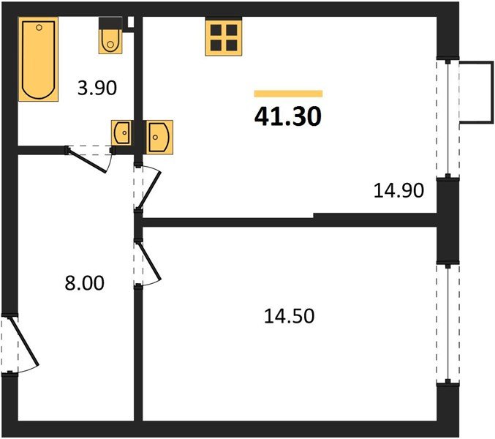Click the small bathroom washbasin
121,133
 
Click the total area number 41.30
288,116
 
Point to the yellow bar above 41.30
288,94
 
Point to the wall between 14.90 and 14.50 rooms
292,221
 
